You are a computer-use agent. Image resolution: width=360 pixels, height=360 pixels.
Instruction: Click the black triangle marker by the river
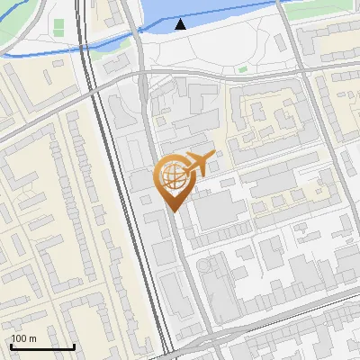point(181,24)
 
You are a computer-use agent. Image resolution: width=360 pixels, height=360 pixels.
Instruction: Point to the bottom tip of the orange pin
point(172,211)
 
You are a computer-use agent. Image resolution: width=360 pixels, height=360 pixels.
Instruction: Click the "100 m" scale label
point(23,338)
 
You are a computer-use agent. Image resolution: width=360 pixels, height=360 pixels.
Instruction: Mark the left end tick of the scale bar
point(10,346)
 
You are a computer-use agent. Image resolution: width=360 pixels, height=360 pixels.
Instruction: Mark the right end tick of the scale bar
point(74,346)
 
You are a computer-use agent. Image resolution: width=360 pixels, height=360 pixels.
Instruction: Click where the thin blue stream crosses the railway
point(84,46)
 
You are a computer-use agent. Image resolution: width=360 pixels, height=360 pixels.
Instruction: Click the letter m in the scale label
point(32,338)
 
